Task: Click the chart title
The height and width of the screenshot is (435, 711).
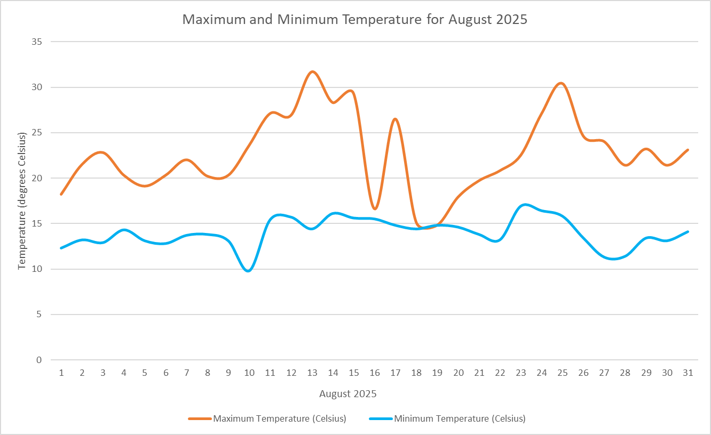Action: (355, 20)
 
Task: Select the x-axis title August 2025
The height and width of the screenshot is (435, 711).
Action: (348, 394)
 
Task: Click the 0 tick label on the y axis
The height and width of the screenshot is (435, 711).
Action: (38, 360)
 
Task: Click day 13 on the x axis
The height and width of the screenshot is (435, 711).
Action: (312, 373)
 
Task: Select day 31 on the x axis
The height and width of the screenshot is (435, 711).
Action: (688, 373)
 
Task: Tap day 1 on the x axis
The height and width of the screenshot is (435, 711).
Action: (61, 373)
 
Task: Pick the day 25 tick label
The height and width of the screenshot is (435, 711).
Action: (563, 373)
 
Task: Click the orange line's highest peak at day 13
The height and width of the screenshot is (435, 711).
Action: (313, 71)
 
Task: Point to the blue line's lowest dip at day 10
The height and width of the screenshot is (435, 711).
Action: (249, 271)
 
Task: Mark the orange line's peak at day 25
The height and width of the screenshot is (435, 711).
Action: (561, 83)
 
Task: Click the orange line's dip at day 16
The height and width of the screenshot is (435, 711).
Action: (375, 208)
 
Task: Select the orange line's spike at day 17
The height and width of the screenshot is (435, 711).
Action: (396, 119)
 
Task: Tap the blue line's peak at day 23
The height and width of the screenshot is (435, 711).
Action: (526, 205)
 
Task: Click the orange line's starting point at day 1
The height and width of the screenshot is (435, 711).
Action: (61, 194)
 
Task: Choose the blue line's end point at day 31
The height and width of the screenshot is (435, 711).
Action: (688, 231)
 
